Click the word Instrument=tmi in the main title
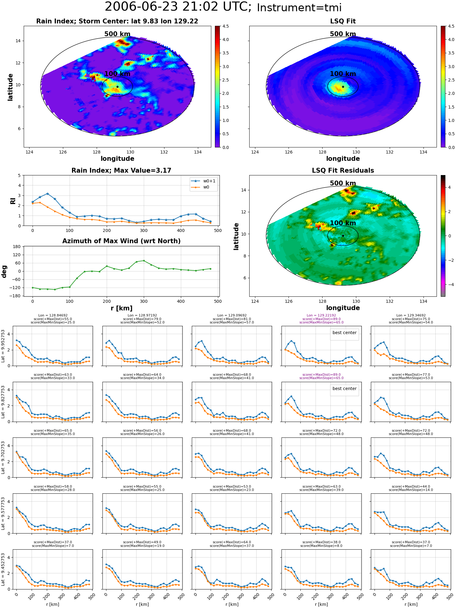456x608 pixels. click(299, 8)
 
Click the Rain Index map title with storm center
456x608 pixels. click(117, 21)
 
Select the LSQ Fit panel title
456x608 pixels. click(343, 21)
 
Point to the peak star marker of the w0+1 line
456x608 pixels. click(47, 194)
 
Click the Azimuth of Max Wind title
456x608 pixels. click(121, 241)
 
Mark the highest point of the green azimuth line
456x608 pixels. click(144, 261)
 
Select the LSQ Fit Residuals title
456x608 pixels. click(343, 171)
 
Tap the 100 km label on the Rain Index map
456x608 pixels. click(117, 74)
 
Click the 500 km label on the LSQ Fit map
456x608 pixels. click(343, 34)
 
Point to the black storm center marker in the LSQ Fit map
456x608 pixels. click(343, 87)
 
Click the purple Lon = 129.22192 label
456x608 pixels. click(321, 316)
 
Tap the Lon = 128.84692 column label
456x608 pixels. click(53, 316)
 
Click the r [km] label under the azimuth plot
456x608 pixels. click(121, 308)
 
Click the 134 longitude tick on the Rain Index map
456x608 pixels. click(198, 152)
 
